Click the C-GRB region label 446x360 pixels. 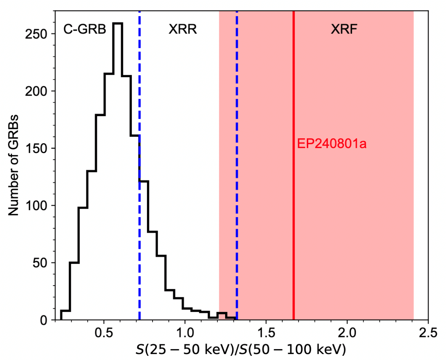coord(85,29)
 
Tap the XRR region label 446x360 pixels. coord(182,29)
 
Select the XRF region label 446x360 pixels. coord(344,29)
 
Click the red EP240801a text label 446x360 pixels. coord(332,144)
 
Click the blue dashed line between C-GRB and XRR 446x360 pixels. coord(140,88)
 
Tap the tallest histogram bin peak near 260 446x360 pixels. coord(117,23)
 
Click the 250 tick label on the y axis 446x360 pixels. coord(36,34)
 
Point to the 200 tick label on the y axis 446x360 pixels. coord(36,91)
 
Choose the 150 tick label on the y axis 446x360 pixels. coord(36,148)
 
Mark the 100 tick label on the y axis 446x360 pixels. coord(36,206)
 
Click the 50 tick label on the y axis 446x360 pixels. coord(40,263)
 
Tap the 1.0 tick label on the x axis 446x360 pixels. coord(185,333)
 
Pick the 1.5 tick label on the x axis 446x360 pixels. coord(266,333)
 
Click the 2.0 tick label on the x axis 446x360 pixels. coord(347,333)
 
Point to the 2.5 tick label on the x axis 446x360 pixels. coord(428,333)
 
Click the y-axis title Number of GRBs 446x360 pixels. coord(13,165)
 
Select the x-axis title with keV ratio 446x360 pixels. coord(241,350)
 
